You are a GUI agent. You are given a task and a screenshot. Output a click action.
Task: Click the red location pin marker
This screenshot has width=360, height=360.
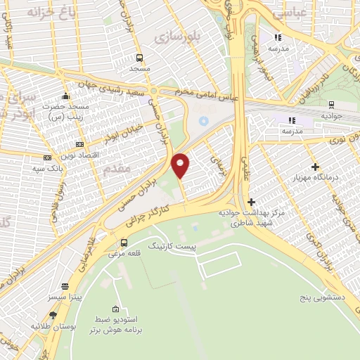point(181,165)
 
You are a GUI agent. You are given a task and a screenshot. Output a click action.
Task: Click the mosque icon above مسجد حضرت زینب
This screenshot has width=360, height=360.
point(65,96)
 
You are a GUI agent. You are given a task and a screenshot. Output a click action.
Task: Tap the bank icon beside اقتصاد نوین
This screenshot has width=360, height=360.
point(79,143)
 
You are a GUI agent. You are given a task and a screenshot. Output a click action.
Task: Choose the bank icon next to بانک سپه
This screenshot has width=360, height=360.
point(48,158)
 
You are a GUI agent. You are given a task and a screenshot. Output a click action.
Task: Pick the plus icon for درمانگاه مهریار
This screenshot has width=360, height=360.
point(315,167)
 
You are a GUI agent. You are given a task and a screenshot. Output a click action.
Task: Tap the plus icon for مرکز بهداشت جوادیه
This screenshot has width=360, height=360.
point(251,202)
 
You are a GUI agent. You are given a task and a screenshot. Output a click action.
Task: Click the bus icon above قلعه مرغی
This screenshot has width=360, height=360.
point(124,243)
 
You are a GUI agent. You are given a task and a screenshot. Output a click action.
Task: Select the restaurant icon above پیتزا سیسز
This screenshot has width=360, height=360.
point(65,287)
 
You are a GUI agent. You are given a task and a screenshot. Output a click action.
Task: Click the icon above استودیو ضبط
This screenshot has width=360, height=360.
point(115,309)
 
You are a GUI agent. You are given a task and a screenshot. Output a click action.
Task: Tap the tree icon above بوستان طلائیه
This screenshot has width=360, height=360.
point(53,315)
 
